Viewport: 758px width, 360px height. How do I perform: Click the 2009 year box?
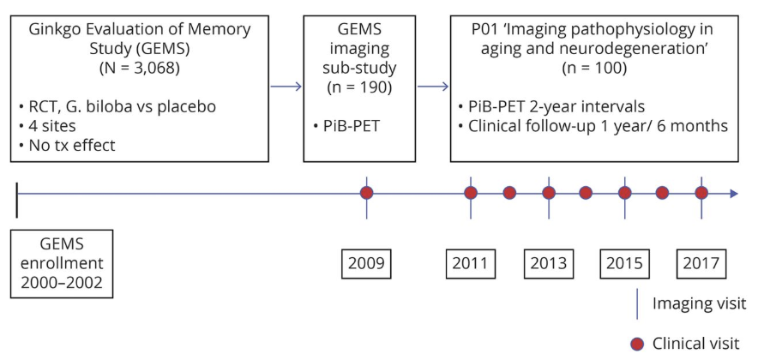[x=367, y=261]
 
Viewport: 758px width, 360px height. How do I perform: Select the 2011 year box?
[x=471, y=261]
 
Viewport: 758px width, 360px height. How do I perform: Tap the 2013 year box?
[x=548, y=261]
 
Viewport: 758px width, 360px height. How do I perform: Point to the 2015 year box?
[x=624, y=261]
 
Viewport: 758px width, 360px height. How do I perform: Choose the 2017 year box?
[x=701, y=261]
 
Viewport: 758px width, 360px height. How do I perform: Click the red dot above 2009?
[x=367, y=193]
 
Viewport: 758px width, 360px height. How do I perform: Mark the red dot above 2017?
[x=701, y=193]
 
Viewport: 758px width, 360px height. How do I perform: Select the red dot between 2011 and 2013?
[x=509, y=193]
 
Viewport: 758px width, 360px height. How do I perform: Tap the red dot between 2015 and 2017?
[x=663, y=193]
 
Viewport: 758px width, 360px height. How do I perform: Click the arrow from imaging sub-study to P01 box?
[x=434, y=85]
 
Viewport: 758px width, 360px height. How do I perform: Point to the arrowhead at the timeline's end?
[x=733, y=193]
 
